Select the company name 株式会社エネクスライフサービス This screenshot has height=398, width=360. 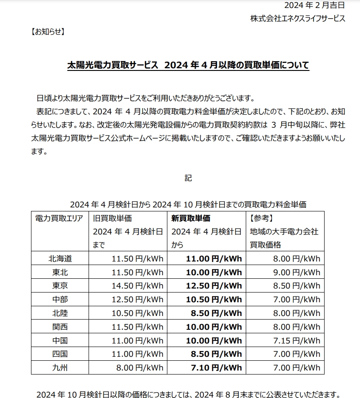(298, 19)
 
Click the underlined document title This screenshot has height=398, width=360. (188, 65)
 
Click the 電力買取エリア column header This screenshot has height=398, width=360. (59, 218)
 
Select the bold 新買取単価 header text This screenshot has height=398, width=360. (191, 218)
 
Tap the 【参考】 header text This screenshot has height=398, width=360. (261, 218)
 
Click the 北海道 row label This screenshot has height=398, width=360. (60, 258)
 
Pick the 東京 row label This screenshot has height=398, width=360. (60, 285)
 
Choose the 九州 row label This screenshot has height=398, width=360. (60, 367)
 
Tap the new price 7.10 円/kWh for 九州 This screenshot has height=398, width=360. (216, 367)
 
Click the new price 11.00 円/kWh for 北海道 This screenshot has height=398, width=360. (213, 258)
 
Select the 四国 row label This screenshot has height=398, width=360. (60, 354)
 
